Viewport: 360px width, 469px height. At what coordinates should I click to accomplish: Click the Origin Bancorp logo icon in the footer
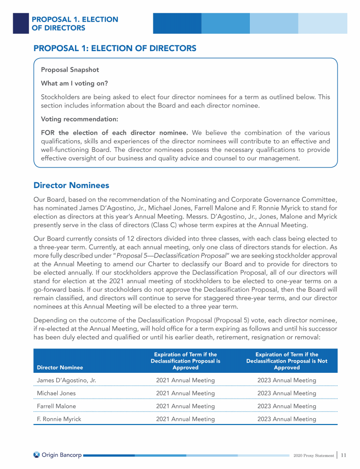tap(37, 454)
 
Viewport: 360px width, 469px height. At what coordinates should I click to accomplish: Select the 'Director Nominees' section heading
tap(71, 186)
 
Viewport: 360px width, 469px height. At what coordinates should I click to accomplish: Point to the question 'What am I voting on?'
tap(75, 83)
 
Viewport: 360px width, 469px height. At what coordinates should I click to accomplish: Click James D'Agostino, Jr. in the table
tap(66, 380)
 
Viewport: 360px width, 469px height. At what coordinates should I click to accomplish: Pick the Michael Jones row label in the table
tap(56, 393)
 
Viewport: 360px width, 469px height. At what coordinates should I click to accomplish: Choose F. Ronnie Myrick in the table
tap(59, 419)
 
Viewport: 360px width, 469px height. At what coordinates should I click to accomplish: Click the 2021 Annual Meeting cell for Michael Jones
tap(186, 393)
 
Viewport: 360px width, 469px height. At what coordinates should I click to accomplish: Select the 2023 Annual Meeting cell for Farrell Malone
tap(287, 406)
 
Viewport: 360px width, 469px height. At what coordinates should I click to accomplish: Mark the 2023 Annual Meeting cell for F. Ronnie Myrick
tap(287, 419)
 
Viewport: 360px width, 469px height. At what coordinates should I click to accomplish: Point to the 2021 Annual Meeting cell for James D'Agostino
tap(186, 380)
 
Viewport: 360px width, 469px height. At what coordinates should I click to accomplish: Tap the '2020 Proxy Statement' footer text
tap(313, 455)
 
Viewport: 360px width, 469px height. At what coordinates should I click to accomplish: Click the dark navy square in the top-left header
tap(20, 23)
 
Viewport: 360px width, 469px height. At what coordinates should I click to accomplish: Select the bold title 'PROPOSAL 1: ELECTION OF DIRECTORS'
tap(115, 48)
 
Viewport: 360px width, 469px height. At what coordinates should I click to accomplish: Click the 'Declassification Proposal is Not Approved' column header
tap(287, 361)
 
